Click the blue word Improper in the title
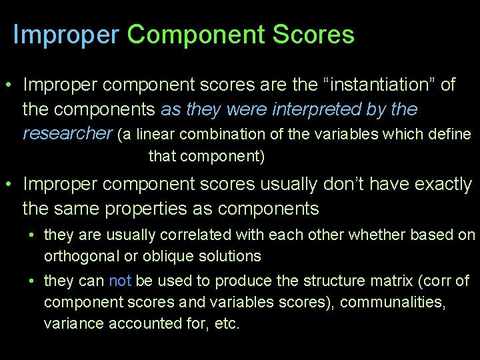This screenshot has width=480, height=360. pos(65,35)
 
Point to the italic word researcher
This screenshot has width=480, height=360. pos(67,133)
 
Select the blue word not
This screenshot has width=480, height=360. pos(119,281)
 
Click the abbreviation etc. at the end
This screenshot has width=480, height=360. pos(226,324)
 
